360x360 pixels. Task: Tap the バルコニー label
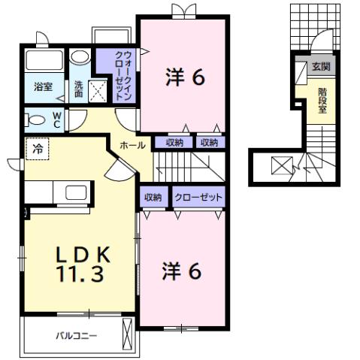[76, 334]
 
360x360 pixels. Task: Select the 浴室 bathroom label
[42, 86]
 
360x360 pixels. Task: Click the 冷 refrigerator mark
[35, 148]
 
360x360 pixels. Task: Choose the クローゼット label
[198, 197]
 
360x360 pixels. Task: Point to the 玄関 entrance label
[321, 67]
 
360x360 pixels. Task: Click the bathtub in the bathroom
[43, 60]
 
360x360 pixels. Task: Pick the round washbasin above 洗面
[79, 59]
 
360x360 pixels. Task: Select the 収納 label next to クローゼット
[153, 197]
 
